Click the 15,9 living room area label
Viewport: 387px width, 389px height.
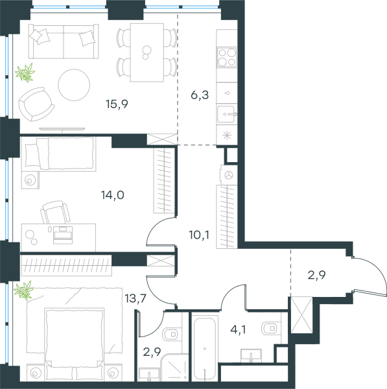117,104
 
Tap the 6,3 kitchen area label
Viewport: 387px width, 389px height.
200,95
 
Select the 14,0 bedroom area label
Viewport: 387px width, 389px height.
113,195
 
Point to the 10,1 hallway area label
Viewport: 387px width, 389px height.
199,235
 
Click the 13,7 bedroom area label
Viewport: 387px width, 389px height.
135,298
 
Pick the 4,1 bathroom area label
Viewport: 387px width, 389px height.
238,330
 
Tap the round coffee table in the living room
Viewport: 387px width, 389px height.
74,85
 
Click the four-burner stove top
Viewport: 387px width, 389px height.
226,57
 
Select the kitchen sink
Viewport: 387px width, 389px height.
226,114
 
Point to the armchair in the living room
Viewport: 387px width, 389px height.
36,104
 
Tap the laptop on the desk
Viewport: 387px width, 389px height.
63,235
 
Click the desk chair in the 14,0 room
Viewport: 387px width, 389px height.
55,213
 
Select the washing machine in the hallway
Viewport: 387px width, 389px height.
229,175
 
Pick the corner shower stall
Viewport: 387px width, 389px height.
174,368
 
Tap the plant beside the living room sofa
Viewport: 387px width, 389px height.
25,73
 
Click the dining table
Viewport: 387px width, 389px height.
147,53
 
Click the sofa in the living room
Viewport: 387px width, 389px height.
64,41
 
